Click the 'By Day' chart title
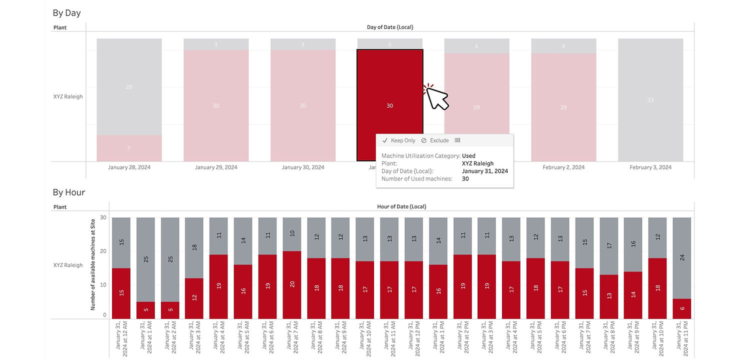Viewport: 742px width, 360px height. pyautogui.click(x=66, y=13)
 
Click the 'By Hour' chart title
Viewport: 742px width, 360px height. pyautogui.click(x=69, y=192)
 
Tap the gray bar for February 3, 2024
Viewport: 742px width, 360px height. pyautogui.click(x=650, y=100)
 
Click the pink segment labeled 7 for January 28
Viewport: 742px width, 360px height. pyautogui.click(x=129, y=148)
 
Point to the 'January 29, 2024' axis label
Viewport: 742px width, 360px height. pyautogui.click(x=216, y=167)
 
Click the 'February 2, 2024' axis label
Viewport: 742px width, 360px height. pyautogui.click(x=563, y=167)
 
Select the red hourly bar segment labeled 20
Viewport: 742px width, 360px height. pyautogui.click(x=292, y=284)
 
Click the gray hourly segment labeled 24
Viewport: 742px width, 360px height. pyautogui.click(x=682, y=258)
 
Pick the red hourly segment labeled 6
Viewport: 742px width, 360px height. pyautogui.click(x=682, y=308)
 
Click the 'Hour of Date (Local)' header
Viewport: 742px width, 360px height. pyautogui.click(x=401, y=206)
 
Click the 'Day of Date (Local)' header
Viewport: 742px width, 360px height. pyautogui.click(x=390, y=27)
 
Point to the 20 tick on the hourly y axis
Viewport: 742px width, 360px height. pyautogui.click(x=103, y=251)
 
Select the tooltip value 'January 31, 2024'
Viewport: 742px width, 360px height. pyautogui.click(x=484, y=171)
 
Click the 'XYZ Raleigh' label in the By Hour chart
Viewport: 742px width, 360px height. pyautogui.click(x=68, y=265)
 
